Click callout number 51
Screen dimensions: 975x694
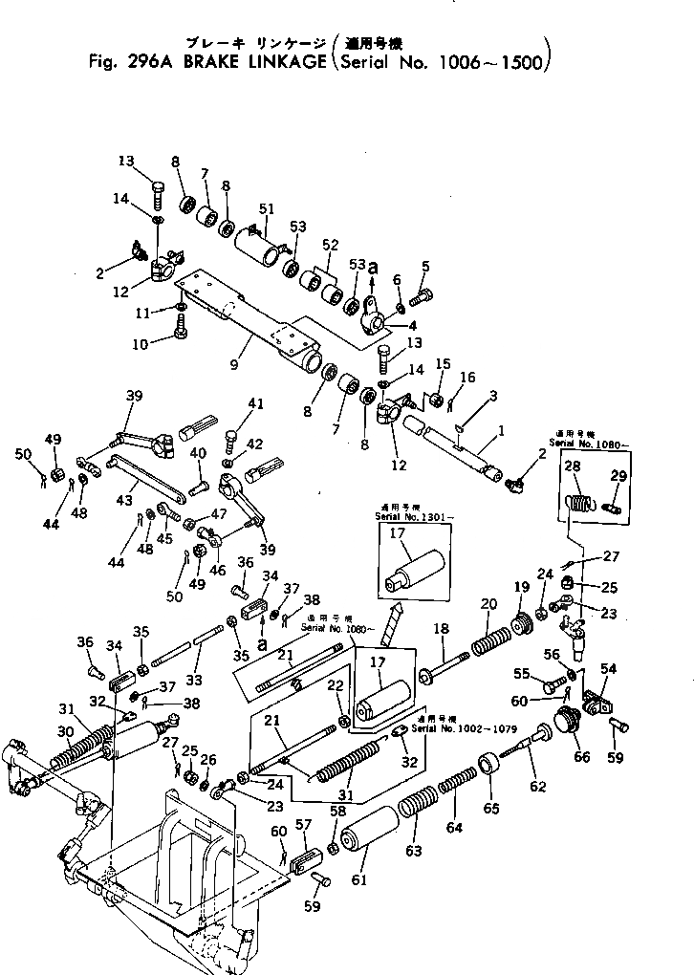[x=266, y=209]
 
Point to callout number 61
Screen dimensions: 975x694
[x=359, y=879]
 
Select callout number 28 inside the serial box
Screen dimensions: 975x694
[x=573, y=466]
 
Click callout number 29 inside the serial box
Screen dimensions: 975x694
[x=618, y=475]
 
